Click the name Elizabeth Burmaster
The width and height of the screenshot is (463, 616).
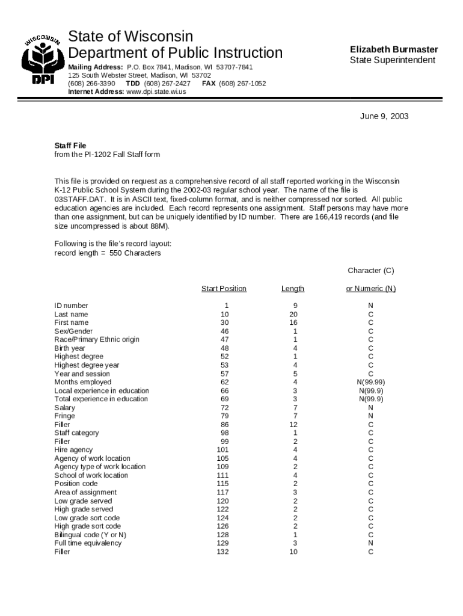[x=394, y=49]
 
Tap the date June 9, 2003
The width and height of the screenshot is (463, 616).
[x=384, y=116]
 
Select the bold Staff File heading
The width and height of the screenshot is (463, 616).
[x=70, y=146]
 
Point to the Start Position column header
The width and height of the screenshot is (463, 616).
[x=224, y=289]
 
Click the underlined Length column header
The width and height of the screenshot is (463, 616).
[x=293, y=289]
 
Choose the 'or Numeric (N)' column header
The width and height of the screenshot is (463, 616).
[x=370, y=289]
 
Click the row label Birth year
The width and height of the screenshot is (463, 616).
[x=70, y=348]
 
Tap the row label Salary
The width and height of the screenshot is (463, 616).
[x=65, y=408]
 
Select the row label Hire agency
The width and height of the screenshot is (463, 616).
[x=73, y=450]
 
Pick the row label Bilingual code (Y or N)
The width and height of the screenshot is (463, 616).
[x=90, y=535]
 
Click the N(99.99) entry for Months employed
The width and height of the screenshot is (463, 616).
[x=370, y=382]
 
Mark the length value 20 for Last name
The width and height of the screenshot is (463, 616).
[x=293, y=314]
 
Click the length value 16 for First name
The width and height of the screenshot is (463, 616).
[x=293, y=323]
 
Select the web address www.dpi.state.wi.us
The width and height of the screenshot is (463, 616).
[x=156, y=92]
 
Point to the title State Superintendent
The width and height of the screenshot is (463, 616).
[x=393, y=61]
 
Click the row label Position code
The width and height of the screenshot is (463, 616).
[x=76, y=484]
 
